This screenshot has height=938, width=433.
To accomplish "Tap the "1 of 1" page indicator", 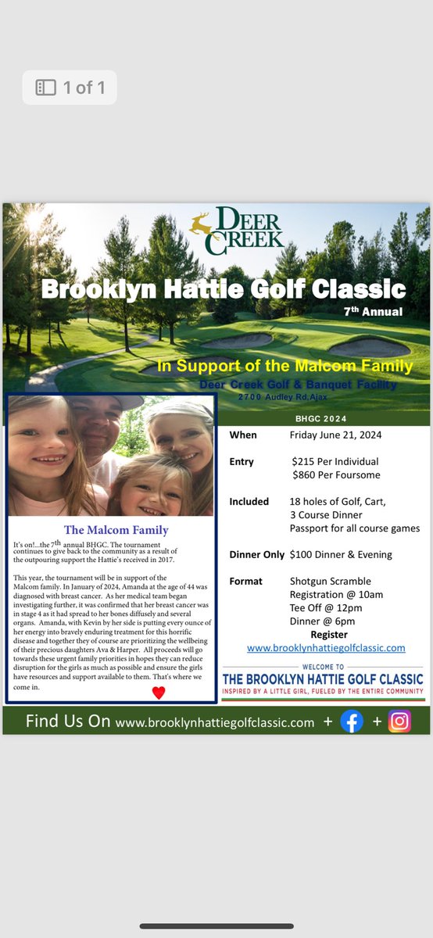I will click(70, 88).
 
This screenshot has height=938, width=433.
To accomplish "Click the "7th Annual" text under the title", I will click(373, 312).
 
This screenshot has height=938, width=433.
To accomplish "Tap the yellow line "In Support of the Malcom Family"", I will click(284, 366).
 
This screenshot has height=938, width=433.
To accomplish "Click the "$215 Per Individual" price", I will click(335, 462).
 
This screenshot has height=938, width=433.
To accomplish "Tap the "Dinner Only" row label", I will click(256, 554).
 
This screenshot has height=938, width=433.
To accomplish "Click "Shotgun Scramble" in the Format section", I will click(330, 582).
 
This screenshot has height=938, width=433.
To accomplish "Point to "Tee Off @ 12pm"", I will click(326, 608).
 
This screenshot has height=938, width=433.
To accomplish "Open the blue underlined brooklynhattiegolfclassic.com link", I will click(326, 648).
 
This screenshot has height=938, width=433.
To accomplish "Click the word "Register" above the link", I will click(329, 635).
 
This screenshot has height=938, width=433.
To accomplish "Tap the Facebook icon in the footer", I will click(352, 721).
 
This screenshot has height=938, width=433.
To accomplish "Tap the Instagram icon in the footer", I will click(399, 721).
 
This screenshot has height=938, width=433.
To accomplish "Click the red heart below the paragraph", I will click(159, 693).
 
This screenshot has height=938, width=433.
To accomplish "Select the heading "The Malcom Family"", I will click(116, 530).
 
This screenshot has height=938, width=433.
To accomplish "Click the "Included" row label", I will click(249, 502).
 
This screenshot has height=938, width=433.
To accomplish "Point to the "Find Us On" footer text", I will click(67, 721).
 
